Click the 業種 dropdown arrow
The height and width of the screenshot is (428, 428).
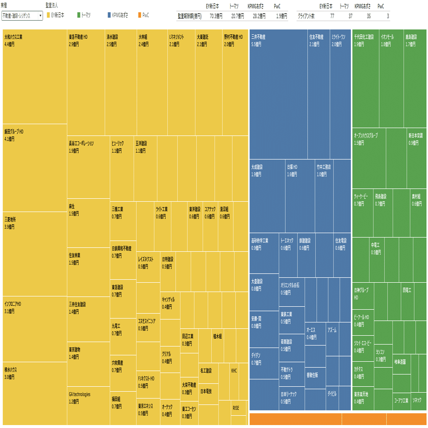coord(40,16)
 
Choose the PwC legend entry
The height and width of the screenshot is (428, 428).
coord(143,16)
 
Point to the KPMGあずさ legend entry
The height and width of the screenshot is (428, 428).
coord(117,16)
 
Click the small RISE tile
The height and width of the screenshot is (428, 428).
coord(239,408)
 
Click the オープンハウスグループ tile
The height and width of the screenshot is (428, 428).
coord(369,157)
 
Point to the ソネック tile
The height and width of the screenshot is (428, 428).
coord(417,401)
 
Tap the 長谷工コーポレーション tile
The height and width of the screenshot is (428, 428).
coord(88,167)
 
